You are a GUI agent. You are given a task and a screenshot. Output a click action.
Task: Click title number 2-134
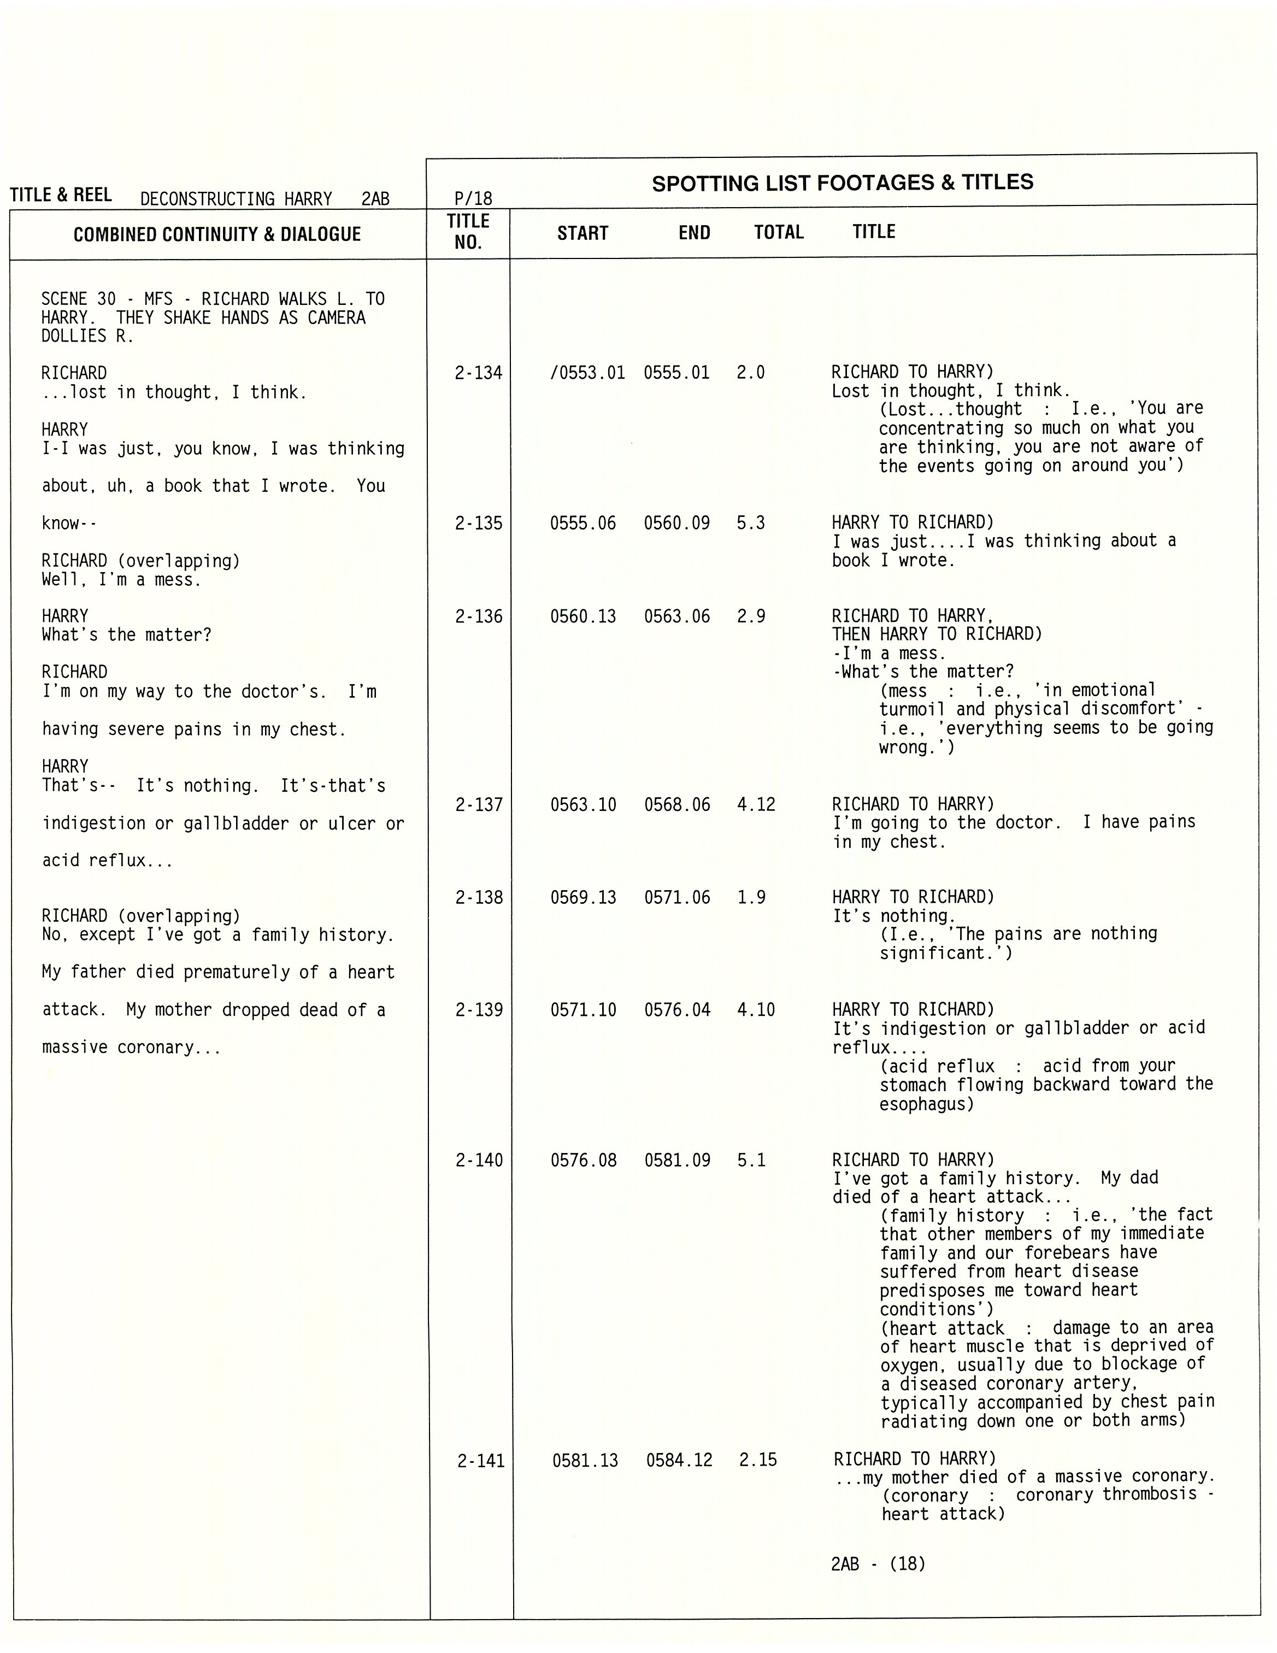coord(479,372)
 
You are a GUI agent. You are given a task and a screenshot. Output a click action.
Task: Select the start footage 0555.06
coord(583,523)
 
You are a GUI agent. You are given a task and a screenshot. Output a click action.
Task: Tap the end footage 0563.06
coord(676,616)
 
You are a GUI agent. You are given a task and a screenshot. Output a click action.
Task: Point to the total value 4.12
coord(756,804)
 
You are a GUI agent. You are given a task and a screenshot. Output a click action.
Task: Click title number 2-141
coord(481,1461)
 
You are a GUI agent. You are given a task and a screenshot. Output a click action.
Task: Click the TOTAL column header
coord(778,232)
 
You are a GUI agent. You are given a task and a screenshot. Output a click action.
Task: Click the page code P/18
coord(473,198)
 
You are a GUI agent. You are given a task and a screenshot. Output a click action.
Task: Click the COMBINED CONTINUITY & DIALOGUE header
coord(217,234)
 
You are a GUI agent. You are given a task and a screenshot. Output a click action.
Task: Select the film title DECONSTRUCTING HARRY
coord(236,199)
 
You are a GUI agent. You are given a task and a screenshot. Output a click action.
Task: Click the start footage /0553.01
coord(587,372)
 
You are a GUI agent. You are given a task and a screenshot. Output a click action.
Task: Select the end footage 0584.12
coord(679,1460)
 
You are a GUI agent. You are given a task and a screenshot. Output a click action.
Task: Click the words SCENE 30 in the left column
coord(78,299)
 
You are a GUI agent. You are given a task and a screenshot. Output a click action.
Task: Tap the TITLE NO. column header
coord(468,232)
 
